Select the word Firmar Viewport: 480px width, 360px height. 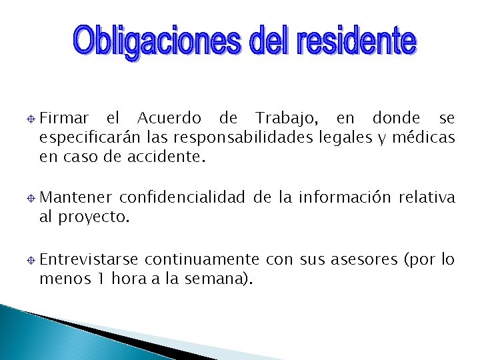(x=64, y=119)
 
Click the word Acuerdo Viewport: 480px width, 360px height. (x=169, y=119)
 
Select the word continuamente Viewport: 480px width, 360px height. (x=202, y=259)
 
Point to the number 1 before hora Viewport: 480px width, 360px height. (x=98, y=279)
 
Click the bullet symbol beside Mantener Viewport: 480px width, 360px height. (x=31, y=198)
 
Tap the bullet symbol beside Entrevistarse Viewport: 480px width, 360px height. (x=31, y=260)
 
